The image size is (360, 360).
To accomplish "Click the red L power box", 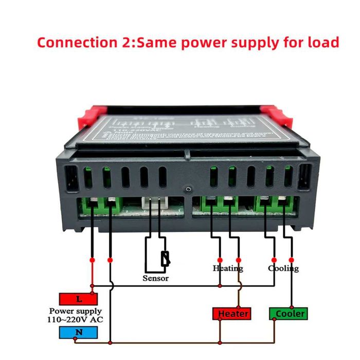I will pos(78,299).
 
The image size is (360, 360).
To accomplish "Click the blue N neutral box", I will pos(78,332).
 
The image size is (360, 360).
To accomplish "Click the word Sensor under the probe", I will pos(156,278).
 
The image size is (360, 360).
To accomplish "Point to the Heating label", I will pos(228,268).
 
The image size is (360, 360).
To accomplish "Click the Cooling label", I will pos(283,268).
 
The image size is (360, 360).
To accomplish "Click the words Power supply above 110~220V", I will pos(76,311).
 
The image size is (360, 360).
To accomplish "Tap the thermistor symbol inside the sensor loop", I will pos(165,259).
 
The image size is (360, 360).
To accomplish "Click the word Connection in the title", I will pos(74,42).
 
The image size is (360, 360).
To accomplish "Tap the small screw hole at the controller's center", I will pos(189,191).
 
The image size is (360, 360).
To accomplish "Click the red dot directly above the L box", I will pos(92,260).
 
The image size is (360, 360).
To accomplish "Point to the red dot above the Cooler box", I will pos(292,260).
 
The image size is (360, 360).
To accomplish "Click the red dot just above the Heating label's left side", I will pos(220,260).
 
